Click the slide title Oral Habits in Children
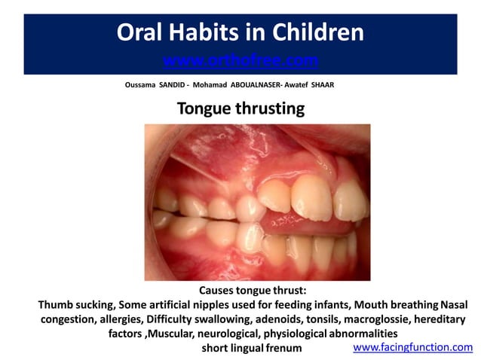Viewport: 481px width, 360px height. [240, 32]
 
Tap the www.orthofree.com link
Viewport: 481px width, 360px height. [240, 59]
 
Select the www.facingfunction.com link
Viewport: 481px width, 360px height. [412, 347]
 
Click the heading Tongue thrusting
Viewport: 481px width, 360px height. [240, 108]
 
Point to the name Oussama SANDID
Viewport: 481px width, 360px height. [156, 85]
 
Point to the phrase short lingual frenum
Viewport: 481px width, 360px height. [251, 348]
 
